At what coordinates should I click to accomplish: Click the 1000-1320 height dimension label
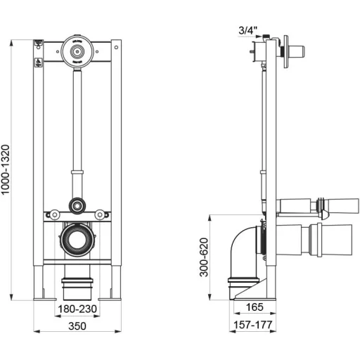pyautogui.click(x=5, y=169)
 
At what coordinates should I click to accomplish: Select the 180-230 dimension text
pyautogui.click(x=77, y=309)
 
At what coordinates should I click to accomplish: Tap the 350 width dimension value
pyautogui.click(x=77, y=326)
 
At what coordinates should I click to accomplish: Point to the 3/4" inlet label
pyautogui.click(x=247, y=30)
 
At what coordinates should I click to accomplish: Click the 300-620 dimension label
pyautogui.click(x=204, y=257)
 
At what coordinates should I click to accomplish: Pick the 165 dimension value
pyautogui.click(x=255, y=307)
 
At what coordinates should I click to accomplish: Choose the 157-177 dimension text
pyautogui.click(x=253, y=325)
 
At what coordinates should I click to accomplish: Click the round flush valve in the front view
pyautogui.click(x=77, y=51)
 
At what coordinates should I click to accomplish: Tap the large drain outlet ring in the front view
pyautogui.click(x=77, y=240)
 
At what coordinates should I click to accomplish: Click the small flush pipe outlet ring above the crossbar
pyautogui.click(x=77, y=206)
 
